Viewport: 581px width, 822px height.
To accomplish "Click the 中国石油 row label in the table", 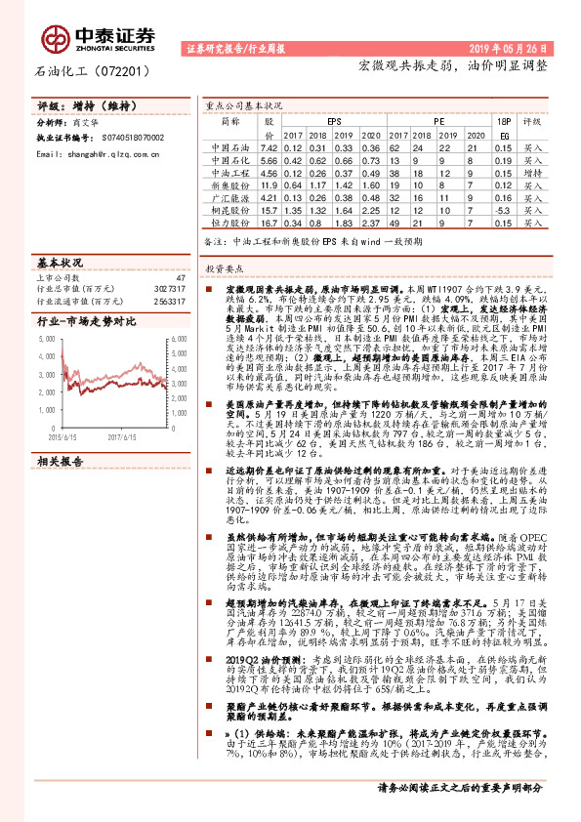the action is point(229,146).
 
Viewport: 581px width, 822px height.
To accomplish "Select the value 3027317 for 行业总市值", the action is point(169,290).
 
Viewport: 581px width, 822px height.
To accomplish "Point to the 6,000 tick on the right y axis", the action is point(179,338).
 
